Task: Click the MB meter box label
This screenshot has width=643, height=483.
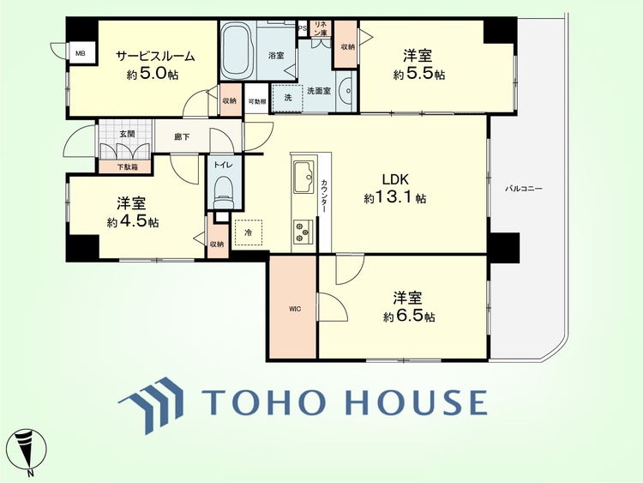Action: point(81,53)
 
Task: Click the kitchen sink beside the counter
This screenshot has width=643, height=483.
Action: point(303,177)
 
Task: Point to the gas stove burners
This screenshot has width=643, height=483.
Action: point(303,232)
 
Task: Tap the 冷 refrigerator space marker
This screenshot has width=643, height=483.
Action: point(248,232)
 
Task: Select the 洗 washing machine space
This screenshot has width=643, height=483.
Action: point(288,98)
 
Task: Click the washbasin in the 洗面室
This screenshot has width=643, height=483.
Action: point(346,91)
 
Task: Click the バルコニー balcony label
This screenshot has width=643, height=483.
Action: point(523,189)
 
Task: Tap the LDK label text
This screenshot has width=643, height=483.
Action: point(395,179)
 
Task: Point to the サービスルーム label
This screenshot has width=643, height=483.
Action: point(155,56)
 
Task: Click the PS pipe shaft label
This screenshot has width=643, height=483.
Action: point(303,28)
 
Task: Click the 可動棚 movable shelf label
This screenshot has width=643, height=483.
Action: point(257,101)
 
